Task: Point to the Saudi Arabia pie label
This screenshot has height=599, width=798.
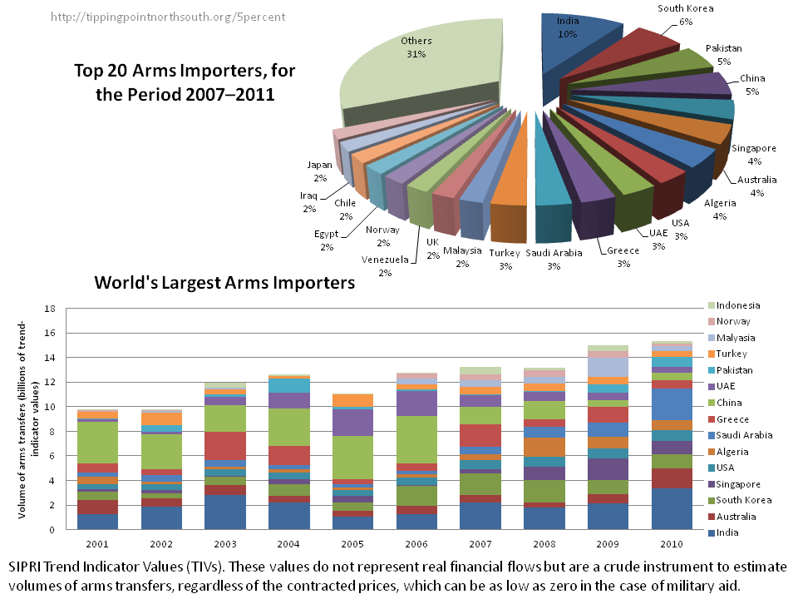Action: tap(554, 259)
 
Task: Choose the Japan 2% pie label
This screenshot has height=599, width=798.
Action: tap(320, 171)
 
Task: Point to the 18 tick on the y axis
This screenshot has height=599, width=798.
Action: tap(49, 309)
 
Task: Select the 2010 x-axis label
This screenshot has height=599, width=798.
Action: tap(671, 544)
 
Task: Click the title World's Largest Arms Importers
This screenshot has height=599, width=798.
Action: tap(224, 283)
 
